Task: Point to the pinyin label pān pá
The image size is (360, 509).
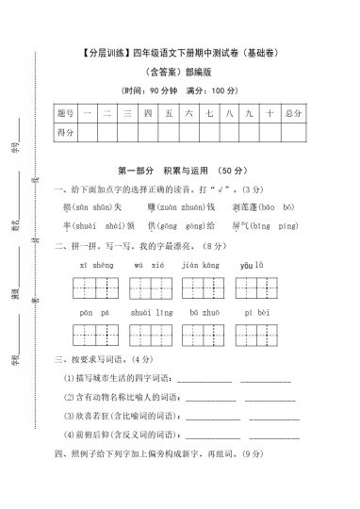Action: [x=88, y=310]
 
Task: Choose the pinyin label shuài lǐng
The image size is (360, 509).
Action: [x=144, y=310]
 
